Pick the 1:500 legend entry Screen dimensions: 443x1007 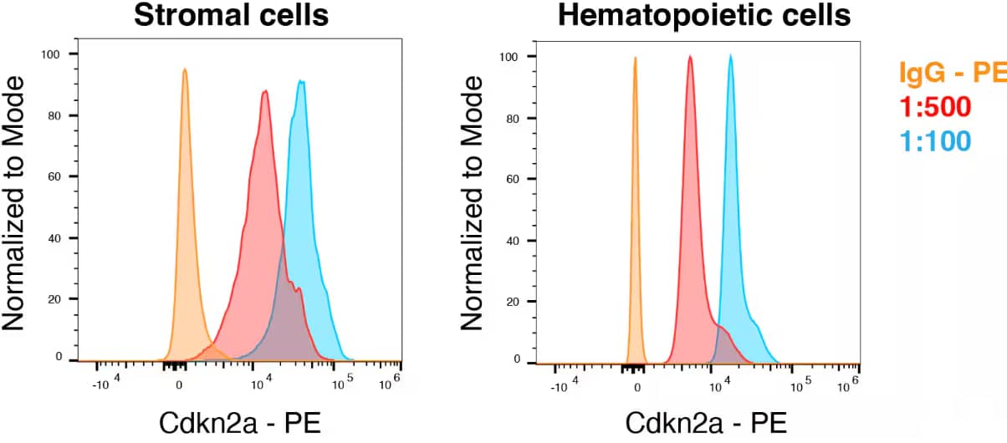point(935,107)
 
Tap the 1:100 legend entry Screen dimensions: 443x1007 point(935,140)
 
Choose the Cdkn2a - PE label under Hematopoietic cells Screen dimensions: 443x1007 point(706,423)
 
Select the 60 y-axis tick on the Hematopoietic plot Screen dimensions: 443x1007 point(514,179)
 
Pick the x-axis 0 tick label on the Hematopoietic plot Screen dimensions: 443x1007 point(637,387)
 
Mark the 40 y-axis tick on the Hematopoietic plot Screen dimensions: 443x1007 point(514,241)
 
